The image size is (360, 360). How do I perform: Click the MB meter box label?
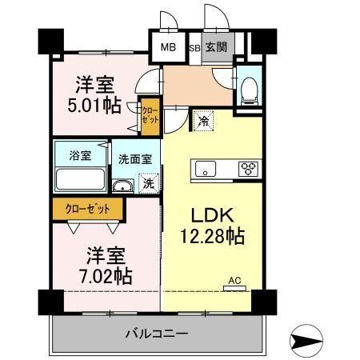tap(168, 47)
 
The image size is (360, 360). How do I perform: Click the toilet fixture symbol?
tap(248, 88)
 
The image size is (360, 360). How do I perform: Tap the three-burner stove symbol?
tap(249, 169)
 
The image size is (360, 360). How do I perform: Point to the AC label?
tap(234, 280)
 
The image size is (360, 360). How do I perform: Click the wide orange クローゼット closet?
tap(88, 209)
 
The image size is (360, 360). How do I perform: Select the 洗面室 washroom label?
tap(135, 158)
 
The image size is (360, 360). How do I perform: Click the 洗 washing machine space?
tap(147, 183)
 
